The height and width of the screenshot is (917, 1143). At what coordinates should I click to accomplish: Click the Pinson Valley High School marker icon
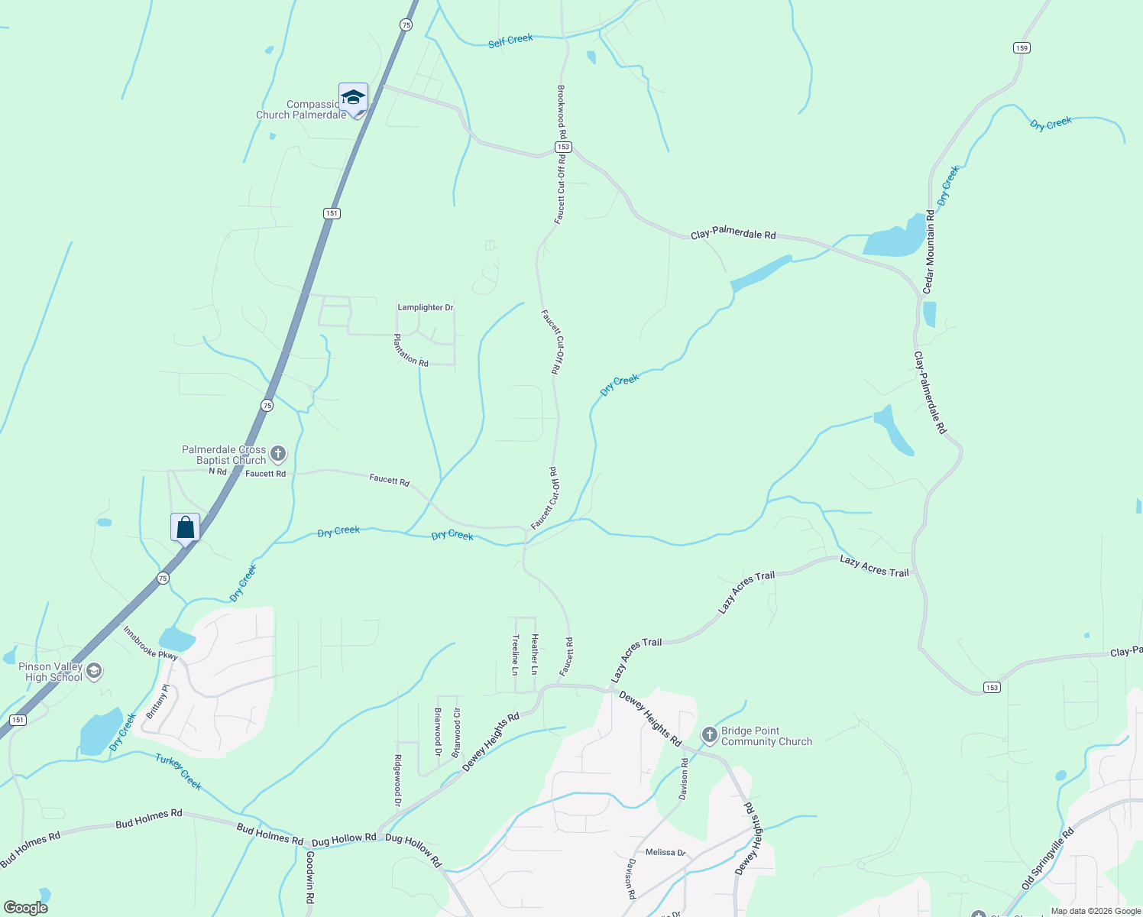tap(94, 672)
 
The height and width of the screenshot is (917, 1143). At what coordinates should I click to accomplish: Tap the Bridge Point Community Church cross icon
tap(710, 735)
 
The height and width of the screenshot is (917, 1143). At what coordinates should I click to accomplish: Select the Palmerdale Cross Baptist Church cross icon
tap(278, 454)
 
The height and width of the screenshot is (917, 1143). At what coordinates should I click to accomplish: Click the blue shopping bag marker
tap(185, 527)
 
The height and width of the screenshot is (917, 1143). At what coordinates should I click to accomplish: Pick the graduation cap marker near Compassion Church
tap(353, 98)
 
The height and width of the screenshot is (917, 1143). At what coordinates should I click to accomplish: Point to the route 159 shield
tap(1022, 47)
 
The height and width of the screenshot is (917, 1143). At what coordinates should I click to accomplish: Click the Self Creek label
tap(510, 40)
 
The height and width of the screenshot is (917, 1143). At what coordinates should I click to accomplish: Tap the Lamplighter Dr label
tap(426, 307)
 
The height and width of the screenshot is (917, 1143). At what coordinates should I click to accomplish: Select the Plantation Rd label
tap(411, 350)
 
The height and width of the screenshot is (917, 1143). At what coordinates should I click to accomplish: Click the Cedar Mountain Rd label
tap(930, 251)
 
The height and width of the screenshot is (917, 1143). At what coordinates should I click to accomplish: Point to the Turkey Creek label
tap(179, 772)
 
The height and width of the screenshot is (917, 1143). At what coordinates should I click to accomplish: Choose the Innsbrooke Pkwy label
tap(151, 643)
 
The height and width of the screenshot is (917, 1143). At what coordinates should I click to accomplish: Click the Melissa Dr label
tap(665, 852)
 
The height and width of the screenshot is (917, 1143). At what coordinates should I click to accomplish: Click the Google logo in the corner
tap(26, 908)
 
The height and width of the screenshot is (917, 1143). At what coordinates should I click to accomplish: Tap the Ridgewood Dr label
tap(397, 781)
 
